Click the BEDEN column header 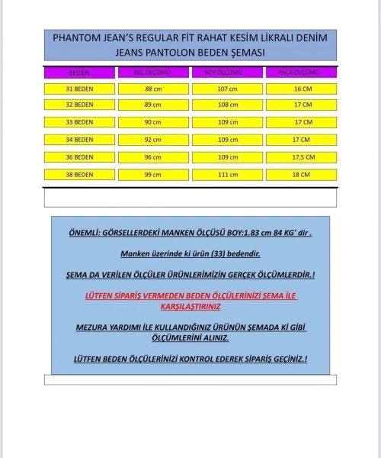pos(79,73)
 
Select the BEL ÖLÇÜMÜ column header pos(152,73)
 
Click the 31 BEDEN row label pos(79,89)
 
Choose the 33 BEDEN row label pos(79,122)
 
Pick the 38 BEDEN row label pos(79,175)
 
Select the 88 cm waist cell pos(152,89)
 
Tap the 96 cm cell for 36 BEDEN pos(152,157)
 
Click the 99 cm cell pos(152,175)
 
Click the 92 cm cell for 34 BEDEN pos(152,140)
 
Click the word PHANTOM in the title pos(76,37)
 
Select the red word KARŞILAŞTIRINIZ pos(190,306)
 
